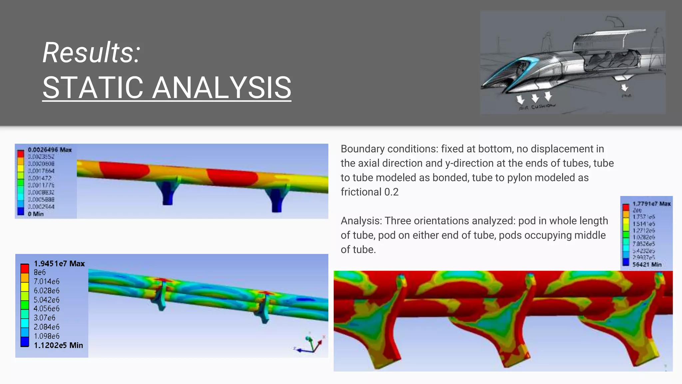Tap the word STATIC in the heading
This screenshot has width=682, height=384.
tap(93, 88)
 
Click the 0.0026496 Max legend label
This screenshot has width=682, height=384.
tap(50, 150)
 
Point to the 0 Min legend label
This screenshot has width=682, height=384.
tap(36, 214)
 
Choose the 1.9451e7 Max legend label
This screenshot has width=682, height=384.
tap(59, 264)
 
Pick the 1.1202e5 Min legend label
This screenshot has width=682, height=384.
tap(58, 345)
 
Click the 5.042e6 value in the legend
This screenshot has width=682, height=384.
tap(47, 300)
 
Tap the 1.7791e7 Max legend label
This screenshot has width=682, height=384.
tap(651, 204)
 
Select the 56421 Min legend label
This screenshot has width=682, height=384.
tap(647, 264)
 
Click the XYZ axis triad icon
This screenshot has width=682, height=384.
tap(310, 345)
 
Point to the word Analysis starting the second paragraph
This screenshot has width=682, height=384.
tap(361, 221)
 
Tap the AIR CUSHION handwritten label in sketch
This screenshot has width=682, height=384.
tap(537, 107)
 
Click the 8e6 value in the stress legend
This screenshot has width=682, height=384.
tap(40, 272)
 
